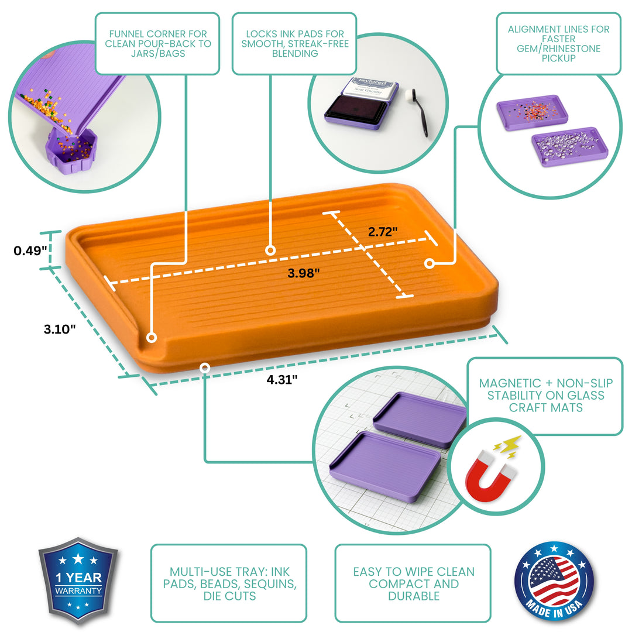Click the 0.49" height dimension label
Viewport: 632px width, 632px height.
tap(30, 251)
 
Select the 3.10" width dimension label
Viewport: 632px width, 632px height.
tap(60, 329)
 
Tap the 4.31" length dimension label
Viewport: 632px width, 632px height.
tap(282, 379)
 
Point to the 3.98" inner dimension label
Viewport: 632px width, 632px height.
tap(304, 273)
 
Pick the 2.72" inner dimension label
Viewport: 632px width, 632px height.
tap(383, 231)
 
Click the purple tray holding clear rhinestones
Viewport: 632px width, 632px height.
tap(569, 146)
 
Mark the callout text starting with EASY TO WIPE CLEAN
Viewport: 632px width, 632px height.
tap(413, 583)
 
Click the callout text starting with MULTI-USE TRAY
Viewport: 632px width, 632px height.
tap(228, 583)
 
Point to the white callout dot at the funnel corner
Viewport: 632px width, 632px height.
tap(151, 338)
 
